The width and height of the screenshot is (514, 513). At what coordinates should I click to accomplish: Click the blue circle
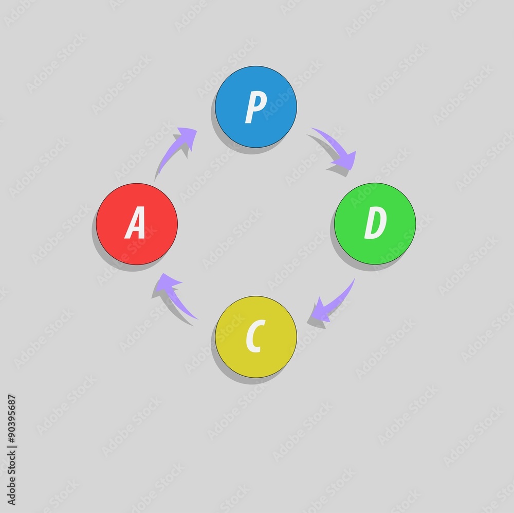click(255, 107)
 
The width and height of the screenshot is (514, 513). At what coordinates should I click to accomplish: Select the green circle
click(375, 223)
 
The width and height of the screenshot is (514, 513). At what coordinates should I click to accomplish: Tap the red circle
click(137, 224)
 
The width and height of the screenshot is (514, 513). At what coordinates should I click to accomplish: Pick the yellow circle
click(255, 337)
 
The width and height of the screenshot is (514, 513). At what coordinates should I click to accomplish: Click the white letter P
click(255, 108)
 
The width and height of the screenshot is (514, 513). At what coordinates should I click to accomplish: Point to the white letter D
click(375, 224)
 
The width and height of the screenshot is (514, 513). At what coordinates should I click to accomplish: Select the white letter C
click(255, 337)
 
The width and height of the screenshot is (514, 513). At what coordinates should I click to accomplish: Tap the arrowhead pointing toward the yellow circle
click(322, 311)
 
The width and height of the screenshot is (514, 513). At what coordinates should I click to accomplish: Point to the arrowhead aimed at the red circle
click(167, 282)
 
